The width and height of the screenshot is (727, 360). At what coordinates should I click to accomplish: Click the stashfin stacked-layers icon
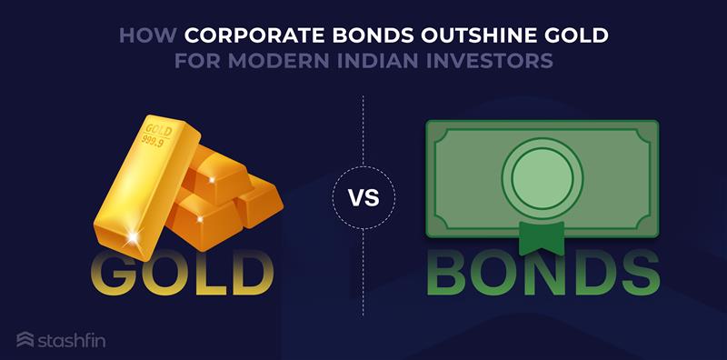coord(25,340)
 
